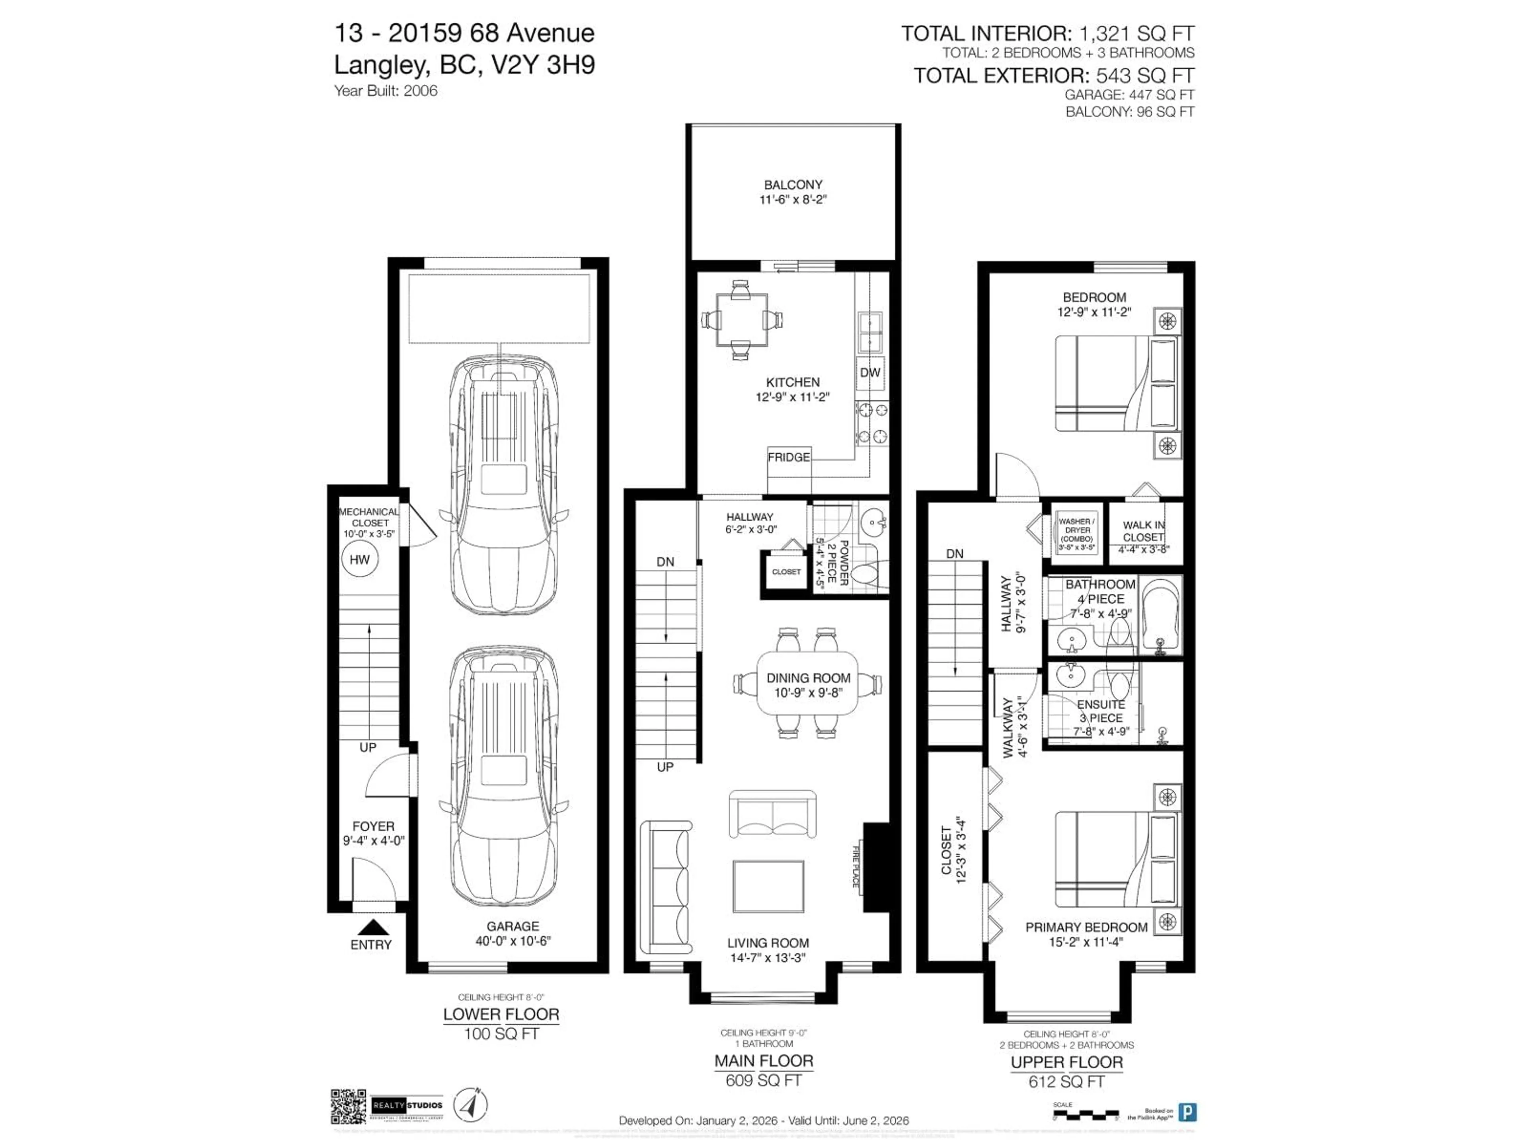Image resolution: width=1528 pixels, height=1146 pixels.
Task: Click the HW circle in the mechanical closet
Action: coord(359,559)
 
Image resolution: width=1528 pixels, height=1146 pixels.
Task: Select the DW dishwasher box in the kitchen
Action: coord(870,372)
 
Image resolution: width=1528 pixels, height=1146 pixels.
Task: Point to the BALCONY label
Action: coord(793,185)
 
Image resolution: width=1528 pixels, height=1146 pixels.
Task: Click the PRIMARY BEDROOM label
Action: coord(1086,927)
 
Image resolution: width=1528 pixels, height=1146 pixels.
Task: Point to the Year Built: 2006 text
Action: coord(386,90)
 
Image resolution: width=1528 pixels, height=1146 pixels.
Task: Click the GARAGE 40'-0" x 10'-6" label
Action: coord(513,933)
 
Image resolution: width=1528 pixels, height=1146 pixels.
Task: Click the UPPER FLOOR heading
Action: coord(1066,1062)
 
